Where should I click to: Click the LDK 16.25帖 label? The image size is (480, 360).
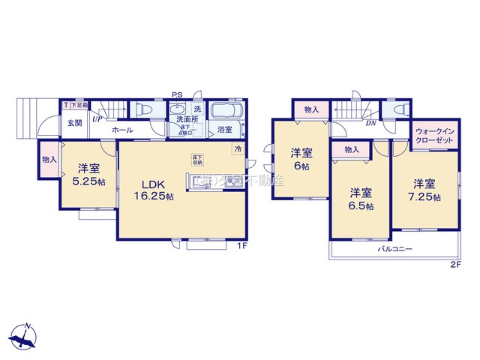pos(154,190)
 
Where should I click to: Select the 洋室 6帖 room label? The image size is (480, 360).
pos(300,160)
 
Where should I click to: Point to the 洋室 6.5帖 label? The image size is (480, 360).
pos(360,199)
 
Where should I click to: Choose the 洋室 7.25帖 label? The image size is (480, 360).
pos(424,189)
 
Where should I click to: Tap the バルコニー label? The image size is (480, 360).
pos(395,248)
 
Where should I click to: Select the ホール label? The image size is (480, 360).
pos(123,130)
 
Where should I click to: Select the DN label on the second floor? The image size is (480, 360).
pos(370,123)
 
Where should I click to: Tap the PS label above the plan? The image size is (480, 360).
pos(177,94)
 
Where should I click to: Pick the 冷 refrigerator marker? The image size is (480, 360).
pos(238,148)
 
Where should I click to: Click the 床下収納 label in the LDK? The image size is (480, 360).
pos(196,159)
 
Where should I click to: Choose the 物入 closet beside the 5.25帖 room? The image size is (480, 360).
pos(49,160)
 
